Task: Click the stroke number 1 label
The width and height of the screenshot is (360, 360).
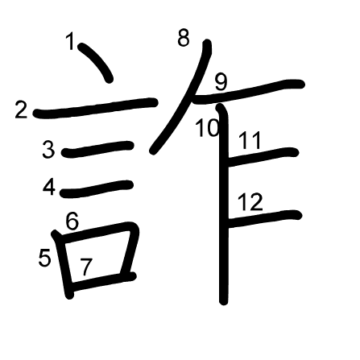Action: (70, 41)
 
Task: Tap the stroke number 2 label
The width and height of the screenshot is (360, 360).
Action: (21, 110)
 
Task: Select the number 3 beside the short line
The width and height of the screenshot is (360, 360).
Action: (48, 150)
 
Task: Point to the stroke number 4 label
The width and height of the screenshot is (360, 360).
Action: (49, 187)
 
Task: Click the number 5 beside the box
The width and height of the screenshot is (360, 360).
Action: (44, 258)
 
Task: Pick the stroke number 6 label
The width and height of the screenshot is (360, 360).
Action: (72, 221)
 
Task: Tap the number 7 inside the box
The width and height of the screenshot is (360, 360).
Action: (86, 267)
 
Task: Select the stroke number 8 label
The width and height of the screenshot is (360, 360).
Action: (184, 38)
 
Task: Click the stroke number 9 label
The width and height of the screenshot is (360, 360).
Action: (221, 82)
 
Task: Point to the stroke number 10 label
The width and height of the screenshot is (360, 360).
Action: (208, 128)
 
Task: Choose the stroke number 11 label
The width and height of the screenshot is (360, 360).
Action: (250, 140)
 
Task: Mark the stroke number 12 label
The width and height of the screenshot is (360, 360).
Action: (250, 201)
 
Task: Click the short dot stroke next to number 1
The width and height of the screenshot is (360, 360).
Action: (96, 62)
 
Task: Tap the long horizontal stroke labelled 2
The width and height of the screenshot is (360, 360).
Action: (95, 108)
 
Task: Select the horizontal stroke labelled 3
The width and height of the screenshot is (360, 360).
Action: (97, 149)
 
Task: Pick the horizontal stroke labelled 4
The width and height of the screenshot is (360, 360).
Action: (97, 189)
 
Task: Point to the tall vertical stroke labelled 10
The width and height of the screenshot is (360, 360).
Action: (223, 204)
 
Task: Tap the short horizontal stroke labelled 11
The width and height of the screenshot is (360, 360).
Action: (263, 157)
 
